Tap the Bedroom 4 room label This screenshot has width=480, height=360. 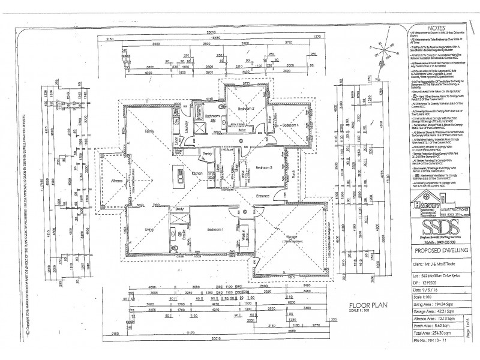[291, 125]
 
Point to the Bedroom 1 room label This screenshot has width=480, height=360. [215, 230]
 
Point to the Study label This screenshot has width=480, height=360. [179, 209]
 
